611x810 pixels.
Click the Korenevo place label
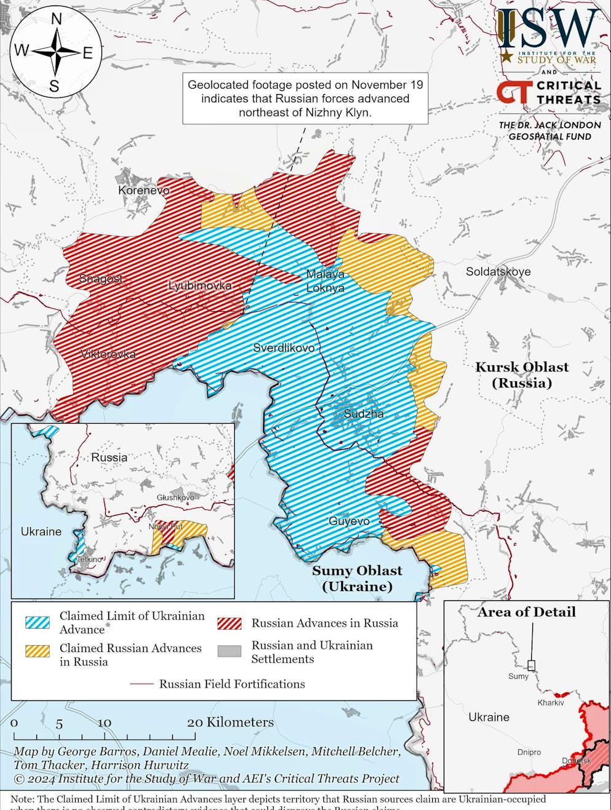(x=144, y=190)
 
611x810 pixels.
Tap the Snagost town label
(x=101, y=279)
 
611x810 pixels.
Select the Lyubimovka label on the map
(x=200, y=285)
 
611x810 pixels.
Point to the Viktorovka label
(x=108, y=354)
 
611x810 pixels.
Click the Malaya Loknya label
(x=325, y=281)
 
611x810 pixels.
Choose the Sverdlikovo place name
(x=283, y=348)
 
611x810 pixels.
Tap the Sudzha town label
(x=363, y=413)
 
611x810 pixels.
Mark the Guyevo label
(x=349, y=521)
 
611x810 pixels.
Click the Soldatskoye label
(x=498, y=271)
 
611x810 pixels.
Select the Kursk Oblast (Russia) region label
(x=522, y=375)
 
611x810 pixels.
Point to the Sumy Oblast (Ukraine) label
(x=357, y=578)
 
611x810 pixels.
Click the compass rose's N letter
(x=56, y=20)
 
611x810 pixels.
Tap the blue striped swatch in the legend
(x=37, y=622)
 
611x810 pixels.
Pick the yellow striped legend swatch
(x=37, y=651)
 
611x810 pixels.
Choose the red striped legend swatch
(x=229, y=623)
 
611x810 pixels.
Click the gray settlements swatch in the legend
(x=229, y=651)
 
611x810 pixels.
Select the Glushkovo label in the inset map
(x=175, y=497)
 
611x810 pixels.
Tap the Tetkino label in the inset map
(x=90, y=559)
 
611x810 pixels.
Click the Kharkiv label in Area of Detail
(x=550, y=702)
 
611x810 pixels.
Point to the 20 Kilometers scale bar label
(x=231, y=722)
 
